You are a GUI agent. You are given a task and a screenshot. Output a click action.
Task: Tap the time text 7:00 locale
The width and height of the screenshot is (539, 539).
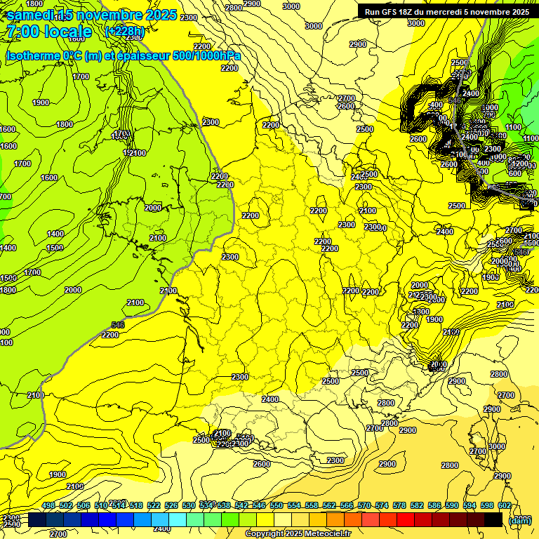[49, 32]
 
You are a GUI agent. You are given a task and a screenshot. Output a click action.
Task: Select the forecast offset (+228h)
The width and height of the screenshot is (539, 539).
[124, 32]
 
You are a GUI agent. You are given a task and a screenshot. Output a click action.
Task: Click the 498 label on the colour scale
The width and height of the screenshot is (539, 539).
[48, 505]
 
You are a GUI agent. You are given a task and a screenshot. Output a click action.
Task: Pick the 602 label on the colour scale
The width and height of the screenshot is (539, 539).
[504, 505]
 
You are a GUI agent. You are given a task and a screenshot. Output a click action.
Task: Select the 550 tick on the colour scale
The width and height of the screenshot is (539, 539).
[277, 505]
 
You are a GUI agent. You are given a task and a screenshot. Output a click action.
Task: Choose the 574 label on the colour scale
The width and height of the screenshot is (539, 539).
[382, 505]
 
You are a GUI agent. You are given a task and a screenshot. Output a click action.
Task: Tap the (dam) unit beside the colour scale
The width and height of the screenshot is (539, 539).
[519, 520]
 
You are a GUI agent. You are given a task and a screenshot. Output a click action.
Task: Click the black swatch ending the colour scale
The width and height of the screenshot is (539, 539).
[493, 519]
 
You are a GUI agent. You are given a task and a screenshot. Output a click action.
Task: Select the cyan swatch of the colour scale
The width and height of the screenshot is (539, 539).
[178, 519]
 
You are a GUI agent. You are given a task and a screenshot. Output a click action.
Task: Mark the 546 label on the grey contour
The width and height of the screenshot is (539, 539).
[117, 325]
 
